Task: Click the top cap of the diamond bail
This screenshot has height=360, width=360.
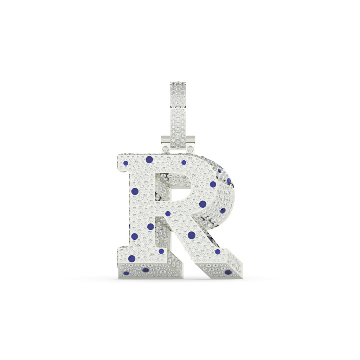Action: pyautogui.click(x=178, y=84)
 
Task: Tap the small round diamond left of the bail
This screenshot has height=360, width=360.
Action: pyautogui.click(x=166, y=149)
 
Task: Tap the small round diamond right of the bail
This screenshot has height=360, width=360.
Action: pyautogui.click(x=190, y=149)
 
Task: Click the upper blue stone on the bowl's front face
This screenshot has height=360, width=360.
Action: pyautogui.click(x=213, y=184)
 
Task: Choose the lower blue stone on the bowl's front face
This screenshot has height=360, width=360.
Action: pyautogui.click(x=202, y=204)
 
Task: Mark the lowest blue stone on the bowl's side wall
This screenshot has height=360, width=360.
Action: pyautogui.click(x=223, y=211)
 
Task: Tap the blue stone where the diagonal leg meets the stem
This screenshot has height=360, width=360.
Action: pyautogui.click(x=168, y=213)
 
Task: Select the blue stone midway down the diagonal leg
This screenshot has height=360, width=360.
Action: pyautogui.click(x=191, y=235)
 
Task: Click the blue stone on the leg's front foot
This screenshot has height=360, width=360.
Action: pyautogui.click(x=218, y=251)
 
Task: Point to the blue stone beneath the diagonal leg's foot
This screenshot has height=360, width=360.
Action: pyautogui.click(x=228, y=272)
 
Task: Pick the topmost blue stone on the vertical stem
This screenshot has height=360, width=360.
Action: pyautogui.click(x=135, y=191)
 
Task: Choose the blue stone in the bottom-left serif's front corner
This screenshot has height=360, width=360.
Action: pyautogui.click(x=131, y=259)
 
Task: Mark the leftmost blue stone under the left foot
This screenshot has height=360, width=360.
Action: pyautogui.click(x=126, y=273)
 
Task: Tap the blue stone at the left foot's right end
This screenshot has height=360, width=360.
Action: pyautogui.click(x=161, y=251)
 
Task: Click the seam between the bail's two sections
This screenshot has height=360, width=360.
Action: pyautogui.click(x=178, y=107)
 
